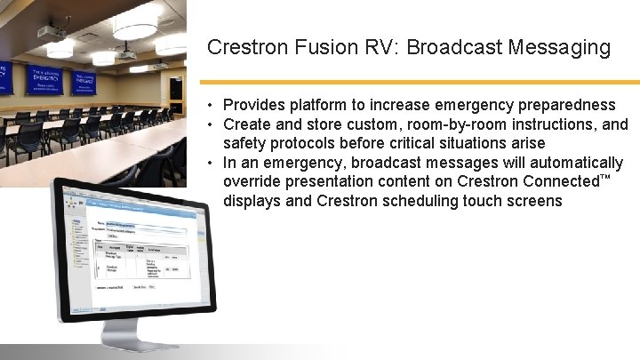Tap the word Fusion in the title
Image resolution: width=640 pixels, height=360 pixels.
pos(313,47)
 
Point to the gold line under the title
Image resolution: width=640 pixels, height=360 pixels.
pos(423,82)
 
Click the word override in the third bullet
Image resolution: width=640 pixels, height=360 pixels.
pos(252,181)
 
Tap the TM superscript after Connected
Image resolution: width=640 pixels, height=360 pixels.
pos(605,178)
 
